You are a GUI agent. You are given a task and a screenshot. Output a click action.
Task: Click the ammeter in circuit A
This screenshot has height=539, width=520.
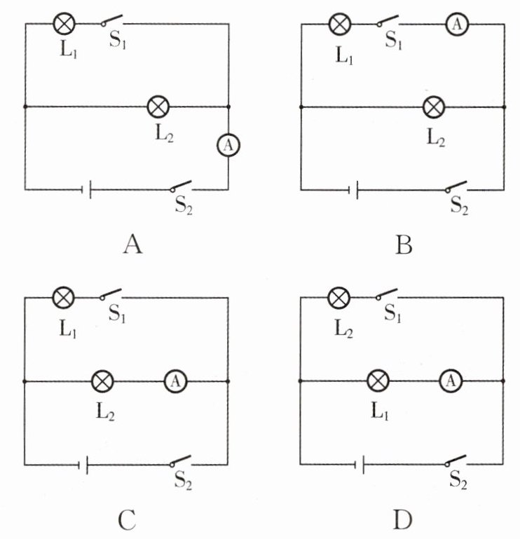pyautogui.click(x=228, y=145)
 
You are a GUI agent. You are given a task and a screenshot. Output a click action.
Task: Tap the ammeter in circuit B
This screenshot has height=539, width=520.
pyautogui.click(x=457, y=24)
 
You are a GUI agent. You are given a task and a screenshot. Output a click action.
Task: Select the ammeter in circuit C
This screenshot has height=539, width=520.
pyautogui.click(x=175, y=381)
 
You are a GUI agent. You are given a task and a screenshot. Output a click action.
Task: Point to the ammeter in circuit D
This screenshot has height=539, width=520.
pyautogui.click(x=451, y=381)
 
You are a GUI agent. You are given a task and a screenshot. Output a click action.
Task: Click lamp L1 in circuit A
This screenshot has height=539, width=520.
pyautogui.click(x=64, y=24)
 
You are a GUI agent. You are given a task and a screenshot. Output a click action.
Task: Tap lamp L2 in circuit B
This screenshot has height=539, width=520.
pyautogui.click(x=434, y=107)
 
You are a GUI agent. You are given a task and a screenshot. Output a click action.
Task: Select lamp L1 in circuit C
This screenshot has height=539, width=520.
pyautogui.click(x=64, y=298)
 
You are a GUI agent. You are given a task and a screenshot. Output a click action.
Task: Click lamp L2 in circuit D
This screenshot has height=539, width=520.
pyautogui.click(x=339, y=298)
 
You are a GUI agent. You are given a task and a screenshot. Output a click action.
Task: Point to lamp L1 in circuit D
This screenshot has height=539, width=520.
pyautogui.click(x=378, y=381)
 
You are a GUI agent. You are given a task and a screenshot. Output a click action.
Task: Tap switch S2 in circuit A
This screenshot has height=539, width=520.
pyautogui.click(x=181, y=186)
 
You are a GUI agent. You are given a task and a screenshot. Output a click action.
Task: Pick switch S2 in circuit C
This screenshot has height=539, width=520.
pyautogui.click(x=181, y=461)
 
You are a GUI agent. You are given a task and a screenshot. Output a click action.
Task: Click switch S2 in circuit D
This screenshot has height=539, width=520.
pyautogui.click(x=456, y=461)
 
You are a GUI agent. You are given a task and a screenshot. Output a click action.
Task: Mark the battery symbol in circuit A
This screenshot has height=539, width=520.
pyautogui.click(x=88, y=189)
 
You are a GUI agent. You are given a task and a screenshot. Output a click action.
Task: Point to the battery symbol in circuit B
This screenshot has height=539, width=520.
pyautogui.click(x=355, y=189)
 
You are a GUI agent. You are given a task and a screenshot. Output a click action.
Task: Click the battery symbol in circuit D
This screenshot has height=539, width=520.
pyautogui.click(x=360, y=464)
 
